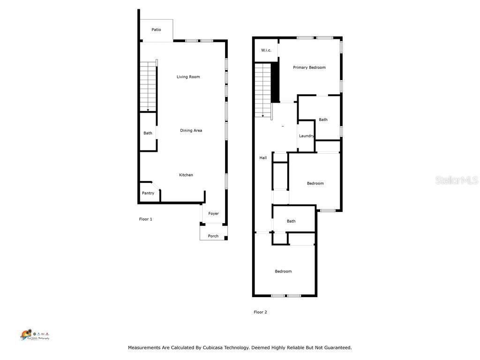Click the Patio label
[156, 30]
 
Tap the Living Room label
[188, 77]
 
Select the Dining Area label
[191, 130]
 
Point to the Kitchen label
[186, 175]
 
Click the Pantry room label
[148, 193]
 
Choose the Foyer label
[214, 213]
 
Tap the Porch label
[213, 236]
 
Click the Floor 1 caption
[146, 219]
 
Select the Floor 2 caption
[260, 312]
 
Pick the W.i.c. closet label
[266, 50]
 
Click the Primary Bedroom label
[309, 67]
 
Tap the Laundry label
[307, 136]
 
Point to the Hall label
[263, 157]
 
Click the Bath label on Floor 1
[148, 133]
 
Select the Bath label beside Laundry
[323, 120]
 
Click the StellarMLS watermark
[457, 180]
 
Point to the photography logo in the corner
[34, 335]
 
